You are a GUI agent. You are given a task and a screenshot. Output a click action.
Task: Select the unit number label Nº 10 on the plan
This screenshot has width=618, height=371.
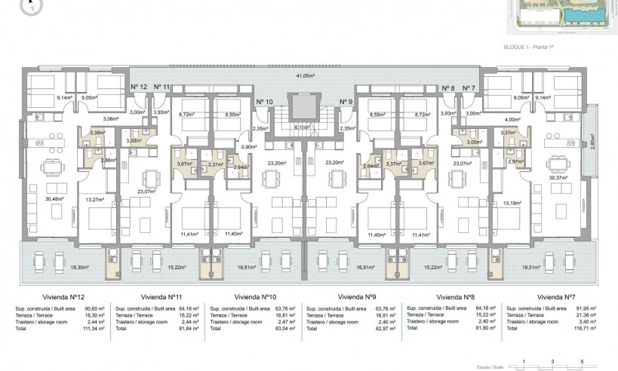click(264, 102)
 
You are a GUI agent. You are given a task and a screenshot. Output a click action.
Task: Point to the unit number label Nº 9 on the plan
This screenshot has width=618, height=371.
click(346, 102)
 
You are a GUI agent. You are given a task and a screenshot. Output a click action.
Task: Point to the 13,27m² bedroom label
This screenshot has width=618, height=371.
click(94, 199)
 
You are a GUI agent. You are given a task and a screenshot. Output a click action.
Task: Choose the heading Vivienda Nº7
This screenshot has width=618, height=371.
click(558, 297)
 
